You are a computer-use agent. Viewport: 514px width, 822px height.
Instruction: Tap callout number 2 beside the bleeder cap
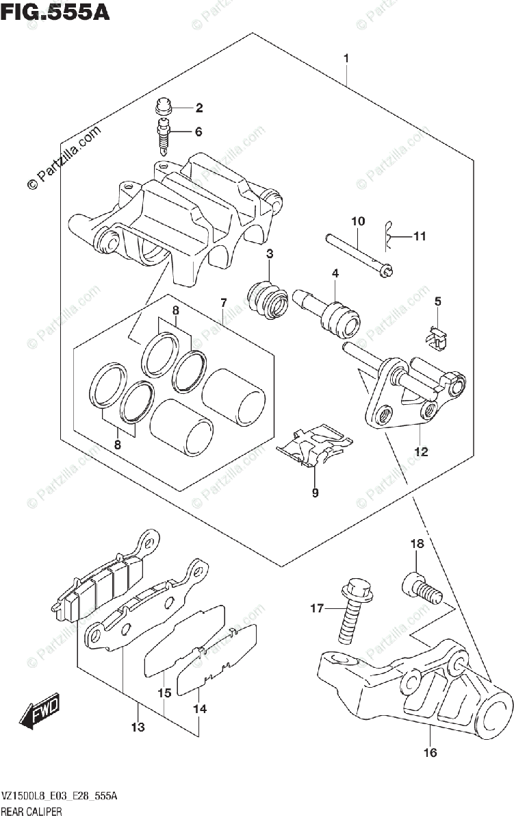(199, 108)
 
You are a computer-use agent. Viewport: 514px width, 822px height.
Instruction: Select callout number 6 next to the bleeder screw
(199, 132)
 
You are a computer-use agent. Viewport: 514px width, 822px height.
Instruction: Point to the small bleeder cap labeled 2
(163, 106)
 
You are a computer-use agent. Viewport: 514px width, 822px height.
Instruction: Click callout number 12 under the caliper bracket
(420, 452)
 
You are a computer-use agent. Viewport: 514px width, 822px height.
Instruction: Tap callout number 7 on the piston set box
(223, 302)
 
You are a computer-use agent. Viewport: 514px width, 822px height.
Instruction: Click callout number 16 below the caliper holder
(430, 754)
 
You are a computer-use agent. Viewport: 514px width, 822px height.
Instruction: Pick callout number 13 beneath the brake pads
(138, 727)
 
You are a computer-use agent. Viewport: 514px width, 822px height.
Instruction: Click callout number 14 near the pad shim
(199, 710)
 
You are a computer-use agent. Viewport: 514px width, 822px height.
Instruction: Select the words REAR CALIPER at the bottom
(33, 812)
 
